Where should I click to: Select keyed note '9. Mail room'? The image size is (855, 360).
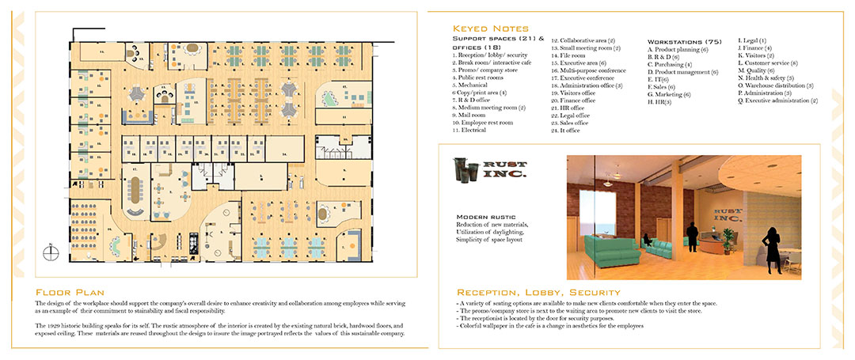(471, 115)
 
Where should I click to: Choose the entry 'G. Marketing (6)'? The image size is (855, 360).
(670, 94)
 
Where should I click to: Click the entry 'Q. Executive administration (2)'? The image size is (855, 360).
(777, 100)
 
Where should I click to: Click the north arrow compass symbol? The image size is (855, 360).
(51, 252)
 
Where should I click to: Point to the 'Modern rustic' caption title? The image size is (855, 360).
(483, 216)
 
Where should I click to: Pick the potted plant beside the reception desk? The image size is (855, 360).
(727, 235)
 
